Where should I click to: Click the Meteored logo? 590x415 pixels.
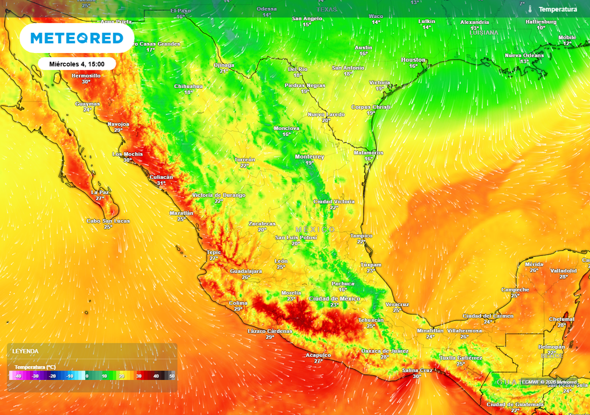coord(77,38)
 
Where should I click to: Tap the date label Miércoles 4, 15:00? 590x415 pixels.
coord(77,63)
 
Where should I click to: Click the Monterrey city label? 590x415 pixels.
coord(309,157)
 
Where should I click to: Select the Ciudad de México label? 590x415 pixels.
coord(334,299)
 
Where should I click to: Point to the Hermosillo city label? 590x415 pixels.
coord(86,76)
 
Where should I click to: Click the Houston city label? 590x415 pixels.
coord(413,60)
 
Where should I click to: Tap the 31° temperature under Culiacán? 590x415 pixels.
coord(161,183)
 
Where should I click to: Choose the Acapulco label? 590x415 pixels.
coord(318,355)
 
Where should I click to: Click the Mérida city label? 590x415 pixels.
coord(534,265)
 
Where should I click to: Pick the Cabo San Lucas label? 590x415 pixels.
coord(108,221)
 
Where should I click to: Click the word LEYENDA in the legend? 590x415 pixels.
coord(25,351)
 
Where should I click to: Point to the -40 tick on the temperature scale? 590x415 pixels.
coord(18,376)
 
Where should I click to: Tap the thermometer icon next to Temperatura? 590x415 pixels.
coord(530,9)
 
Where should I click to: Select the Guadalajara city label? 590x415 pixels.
coord(246,271)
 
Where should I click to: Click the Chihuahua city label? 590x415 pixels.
coord(188,86)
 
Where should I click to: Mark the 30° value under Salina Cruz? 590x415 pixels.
coord(417,376)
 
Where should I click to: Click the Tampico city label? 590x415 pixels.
coord(361,236)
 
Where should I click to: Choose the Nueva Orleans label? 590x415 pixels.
coord(524,55)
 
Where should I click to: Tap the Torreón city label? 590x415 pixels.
coord(244,160)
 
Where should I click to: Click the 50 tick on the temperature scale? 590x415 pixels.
coord(171,376)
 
